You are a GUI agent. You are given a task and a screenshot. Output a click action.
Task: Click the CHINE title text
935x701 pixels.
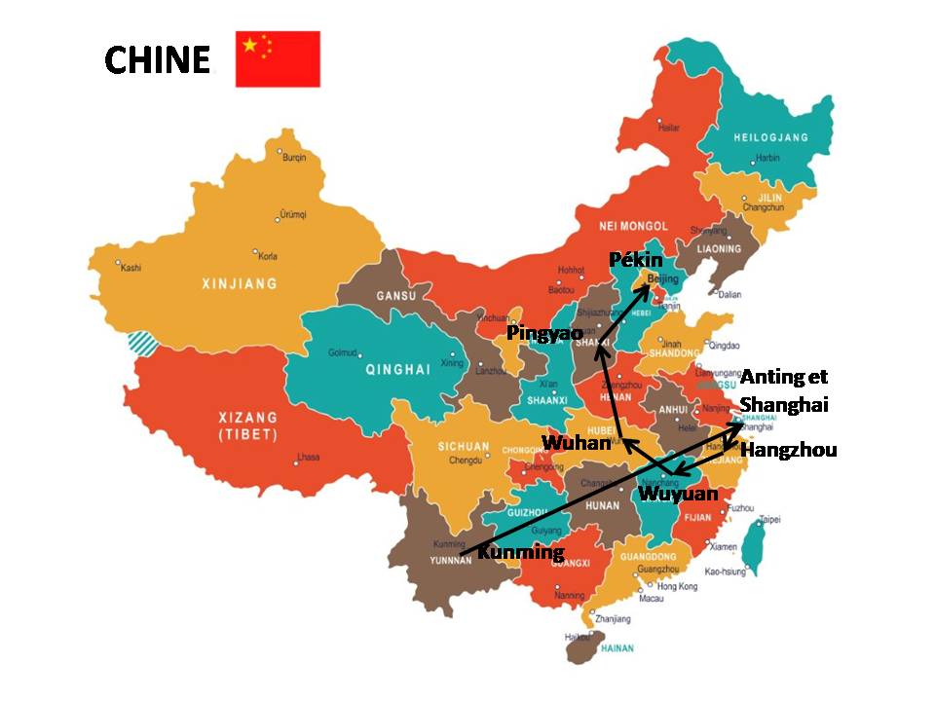(157, 60)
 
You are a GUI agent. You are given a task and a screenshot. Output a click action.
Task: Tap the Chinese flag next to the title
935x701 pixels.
(278, 58)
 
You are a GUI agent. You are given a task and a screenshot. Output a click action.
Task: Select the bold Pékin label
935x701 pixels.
(635, 260)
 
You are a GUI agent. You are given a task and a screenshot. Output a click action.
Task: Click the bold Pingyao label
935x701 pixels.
(544, 333)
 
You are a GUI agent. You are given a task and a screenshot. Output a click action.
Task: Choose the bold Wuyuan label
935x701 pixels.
(678, 494)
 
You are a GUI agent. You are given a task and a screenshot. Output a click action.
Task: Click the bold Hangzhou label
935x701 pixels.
(788, 450)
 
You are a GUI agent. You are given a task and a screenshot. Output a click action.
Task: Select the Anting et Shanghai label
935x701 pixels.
(784, 390)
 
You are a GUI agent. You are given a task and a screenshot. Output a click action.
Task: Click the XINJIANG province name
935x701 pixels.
(239, 284)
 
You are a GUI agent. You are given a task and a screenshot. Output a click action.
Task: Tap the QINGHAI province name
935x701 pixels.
(397, 369)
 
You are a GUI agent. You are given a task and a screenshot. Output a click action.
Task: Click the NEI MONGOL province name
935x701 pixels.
(634, 225)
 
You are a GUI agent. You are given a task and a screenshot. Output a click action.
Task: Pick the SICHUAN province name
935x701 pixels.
(463, 447)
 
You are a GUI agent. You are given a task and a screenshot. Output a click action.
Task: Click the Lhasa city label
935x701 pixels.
(308, 457)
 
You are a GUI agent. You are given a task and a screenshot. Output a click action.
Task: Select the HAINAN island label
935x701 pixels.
(616, 647)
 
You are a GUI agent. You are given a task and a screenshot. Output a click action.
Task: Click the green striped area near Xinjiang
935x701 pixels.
(143, 343)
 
